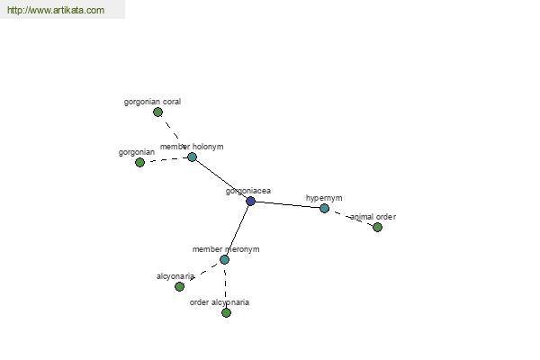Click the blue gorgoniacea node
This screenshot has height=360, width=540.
(x=250, y=202)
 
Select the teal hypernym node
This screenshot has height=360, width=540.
(x=324, y=208)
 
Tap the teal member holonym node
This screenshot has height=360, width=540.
(x=192, y=157)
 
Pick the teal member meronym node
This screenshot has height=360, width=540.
(x=224, y=259)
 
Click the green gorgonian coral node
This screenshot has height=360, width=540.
(x=157, y=112)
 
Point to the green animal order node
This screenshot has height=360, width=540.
(x=377, y=227)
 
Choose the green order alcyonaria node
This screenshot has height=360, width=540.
(x=226, y=312)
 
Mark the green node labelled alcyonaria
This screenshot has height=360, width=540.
(x=179, y=286)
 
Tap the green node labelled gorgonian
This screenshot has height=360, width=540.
(x=139, y=162)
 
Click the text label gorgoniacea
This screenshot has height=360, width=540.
(x=248, y=191)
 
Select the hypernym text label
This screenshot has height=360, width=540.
(x=324, y=198)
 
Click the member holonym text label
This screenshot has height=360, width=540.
(x=192, y=147)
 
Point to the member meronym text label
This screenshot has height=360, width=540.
(x=226, y=249)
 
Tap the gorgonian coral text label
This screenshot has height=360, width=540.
(x=153, y=102)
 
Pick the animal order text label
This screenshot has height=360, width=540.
(x=373, y=217)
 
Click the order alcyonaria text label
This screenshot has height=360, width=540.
(x=220, y=302)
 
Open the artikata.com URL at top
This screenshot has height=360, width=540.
(x=56, y=10)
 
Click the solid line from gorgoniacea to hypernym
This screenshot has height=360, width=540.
(x=287, y=204)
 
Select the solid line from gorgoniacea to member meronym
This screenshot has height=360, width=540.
(x=238, y=230)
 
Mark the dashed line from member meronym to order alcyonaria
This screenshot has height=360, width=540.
(x=225, y=286)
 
